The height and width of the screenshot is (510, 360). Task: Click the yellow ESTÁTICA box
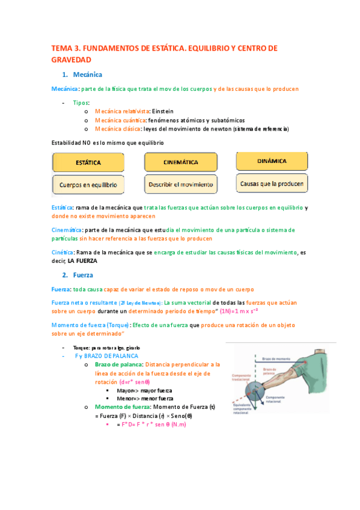(x=88, y=163)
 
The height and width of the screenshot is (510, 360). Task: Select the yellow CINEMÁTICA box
(x=181, y=162)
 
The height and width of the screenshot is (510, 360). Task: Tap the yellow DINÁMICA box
(x=272, y=161)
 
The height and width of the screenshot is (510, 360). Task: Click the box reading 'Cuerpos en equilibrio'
(x=88, y=184)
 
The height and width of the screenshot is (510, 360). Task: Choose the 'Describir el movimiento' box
(x=181, y=183)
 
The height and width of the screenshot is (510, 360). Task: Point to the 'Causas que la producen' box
(x=272, y=183)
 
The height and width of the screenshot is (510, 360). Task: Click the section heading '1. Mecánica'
(x=82, y=75)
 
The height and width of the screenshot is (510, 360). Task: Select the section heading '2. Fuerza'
(x=79, y=275)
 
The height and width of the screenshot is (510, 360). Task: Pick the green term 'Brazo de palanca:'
(x=119, y=364)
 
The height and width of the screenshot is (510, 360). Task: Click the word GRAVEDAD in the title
(x=71, y=60)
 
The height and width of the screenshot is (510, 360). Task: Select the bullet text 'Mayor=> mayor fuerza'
(x=145, y=390)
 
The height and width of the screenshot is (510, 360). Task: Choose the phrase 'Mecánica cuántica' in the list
(x=120, y=120)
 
